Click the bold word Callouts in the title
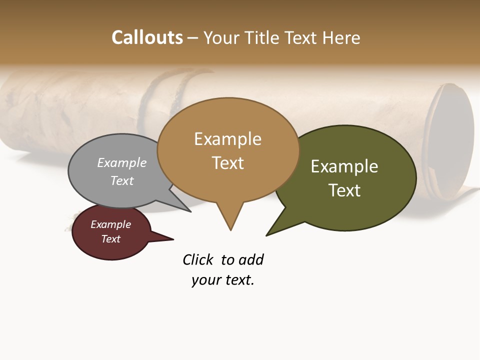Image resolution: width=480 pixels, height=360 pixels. (147, 37)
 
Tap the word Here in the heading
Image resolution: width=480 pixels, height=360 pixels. (342, 37)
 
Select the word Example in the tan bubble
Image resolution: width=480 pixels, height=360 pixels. (227, 139)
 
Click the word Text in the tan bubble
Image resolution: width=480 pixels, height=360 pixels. (227, 163)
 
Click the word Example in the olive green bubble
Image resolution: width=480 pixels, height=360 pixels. (344, 166)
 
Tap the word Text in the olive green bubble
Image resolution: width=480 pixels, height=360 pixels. (344, 190)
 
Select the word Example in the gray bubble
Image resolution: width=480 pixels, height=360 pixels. (122, 162)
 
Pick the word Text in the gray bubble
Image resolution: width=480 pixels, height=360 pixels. (122, 180)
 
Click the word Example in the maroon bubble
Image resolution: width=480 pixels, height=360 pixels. (110, 224)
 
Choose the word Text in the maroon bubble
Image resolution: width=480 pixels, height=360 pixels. (110, 239)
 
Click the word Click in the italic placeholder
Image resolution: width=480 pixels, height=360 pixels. (197, 260)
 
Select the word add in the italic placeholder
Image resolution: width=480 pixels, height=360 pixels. (251, 260)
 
